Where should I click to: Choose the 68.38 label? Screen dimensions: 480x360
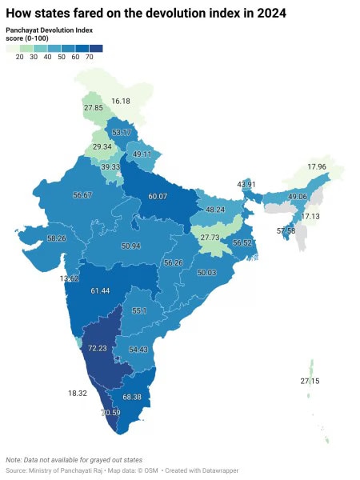(135, 397)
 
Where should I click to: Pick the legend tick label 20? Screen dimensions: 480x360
(19, 58)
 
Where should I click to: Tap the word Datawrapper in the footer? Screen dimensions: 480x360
(214, 470)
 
